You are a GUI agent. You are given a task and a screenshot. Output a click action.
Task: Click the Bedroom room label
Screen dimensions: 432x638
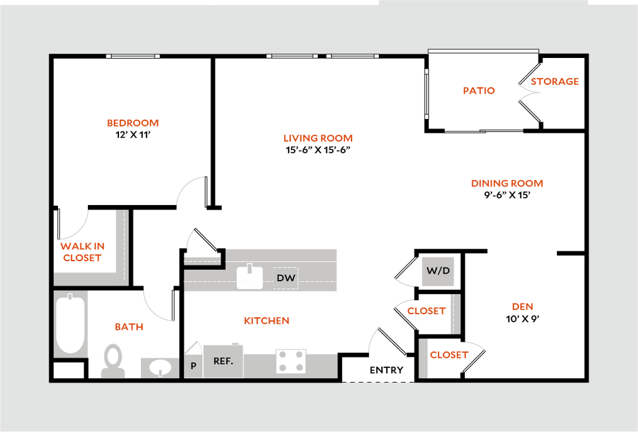pyautogui.click(x=133, y=123)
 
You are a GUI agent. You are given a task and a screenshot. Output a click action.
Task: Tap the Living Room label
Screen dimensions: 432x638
pyautogui.click(x=318, y=138)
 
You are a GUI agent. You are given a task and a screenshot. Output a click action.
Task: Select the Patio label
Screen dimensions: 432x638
pyautogui.click(x=478, y=90)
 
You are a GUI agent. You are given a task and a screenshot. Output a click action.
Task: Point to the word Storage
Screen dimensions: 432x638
pyautogui.click(x=555, y=82)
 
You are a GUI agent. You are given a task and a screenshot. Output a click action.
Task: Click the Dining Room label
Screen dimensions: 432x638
pyautogui.click(x=507, y=183)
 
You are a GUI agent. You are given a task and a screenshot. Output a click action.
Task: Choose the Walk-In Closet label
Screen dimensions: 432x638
pyautogui.click(x=82, y=252)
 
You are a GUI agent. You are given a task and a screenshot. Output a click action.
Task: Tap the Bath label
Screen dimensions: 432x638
pyautogui.click(x=130, y=327)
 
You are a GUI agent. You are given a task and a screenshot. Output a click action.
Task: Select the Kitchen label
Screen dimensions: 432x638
pyautogui.click(x=267, y=320)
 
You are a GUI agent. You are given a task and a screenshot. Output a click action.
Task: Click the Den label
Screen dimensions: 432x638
pyautogui.click(x=523, y=307)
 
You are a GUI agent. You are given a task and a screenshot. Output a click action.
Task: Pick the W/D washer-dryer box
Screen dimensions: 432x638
pyautogui.click(x=438, y=271)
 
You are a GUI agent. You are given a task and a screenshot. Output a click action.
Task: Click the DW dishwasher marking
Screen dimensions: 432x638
pyautogui.click(x=286, y=278)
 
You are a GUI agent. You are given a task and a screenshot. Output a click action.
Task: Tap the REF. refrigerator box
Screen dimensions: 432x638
pyautogui.click(x=223, y=361)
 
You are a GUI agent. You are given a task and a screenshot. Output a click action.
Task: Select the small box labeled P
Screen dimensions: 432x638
pyautogui.click(x=193, y=366)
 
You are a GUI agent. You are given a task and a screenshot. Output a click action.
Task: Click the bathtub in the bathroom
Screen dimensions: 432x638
pyautogui.click(x=70, y=324)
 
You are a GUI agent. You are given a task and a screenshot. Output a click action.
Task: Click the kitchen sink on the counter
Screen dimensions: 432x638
pyautogui.click(x=250, y=277)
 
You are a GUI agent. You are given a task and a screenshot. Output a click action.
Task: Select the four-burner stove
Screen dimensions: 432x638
pyautogui.click(x=291, y=361)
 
